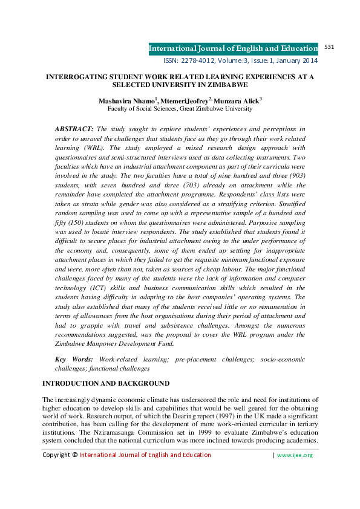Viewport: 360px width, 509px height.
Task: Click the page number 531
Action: tap(330, 47)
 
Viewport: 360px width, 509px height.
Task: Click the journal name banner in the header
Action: tap(234, 48)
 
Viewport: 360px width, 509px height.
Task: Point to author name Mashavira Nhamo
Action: tap(126, 100)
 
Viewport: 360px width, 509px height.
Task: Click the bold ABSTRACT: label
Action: tap(74, 129)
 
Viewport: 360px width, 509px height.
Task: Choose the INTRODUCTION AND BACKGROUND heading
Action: tap(105, 384)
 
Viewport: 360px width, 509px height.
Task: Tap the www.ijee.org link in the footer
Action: tap(295, 472)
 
